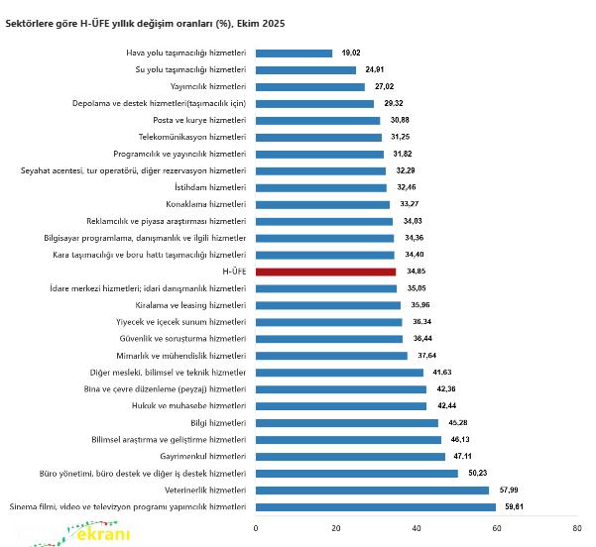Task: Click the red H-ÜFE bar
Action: pyautogui.click(x=325, y=272)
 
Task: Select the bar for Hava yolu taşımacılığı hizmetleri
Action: pyautogui.click(x=294, y=53)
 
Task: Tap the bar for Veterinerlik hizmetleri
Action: pyautogui.click(x=372, y=490)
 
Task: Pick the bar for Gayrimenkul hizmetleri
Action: pyautogui.click(x=350, y=456)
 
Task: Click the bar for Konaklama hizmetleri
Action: pyautogui.click(x=322, y=204)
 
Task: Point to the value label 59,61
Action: pyautogui.click(x=512, y=506)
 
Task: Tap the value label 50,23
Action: pyautogui.click(x=474, y=473)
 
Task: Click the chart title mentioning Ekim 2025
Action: pyautogui.click(x=145, y=22)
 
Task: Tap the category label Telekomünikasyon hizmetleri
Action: pyautogui.click(x=192, y=137)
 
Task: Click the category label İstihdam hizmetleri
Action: pyautogui.click(x=210, y=187)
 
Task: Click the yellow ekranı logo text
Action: pyautogui.click(x=102, y=535)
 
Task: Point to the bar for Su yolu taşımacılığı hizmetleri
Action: pyautogui.click(x=305, y=69)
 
